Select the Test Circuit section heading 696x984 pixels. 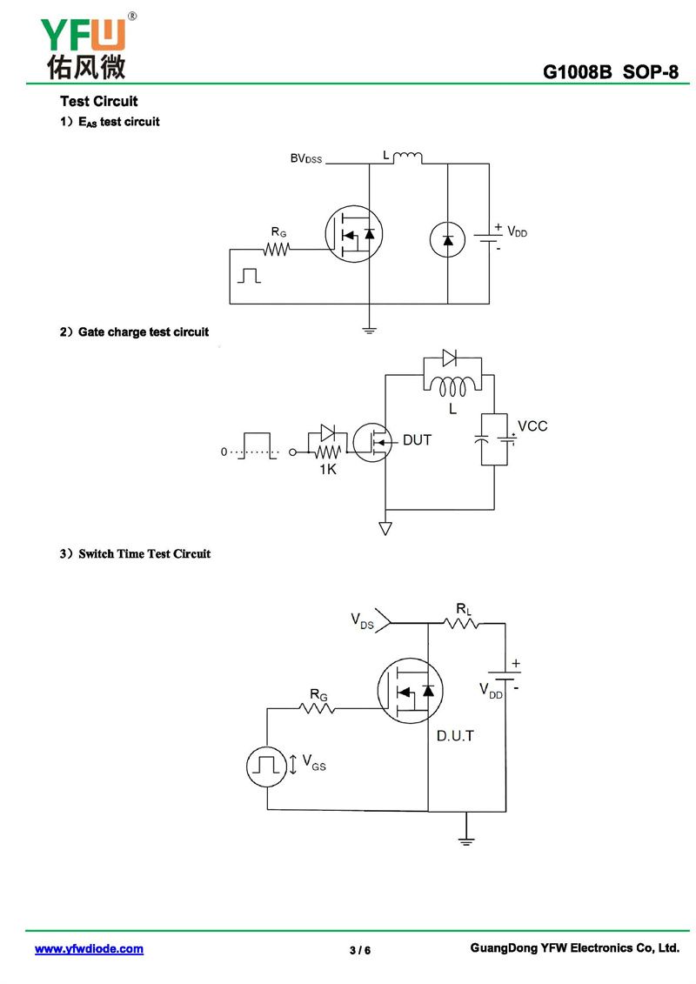tap(98, 102)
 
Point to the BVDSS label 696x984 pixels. tap(305, 159)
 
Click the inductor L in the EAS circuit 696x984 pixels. tap(407, 157)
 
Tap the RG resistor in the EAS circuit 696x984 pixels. tap(277, 249)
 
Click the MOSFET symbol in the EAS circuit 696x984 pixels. tap(355, 234)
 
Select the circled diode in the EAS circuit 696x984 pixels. tap(448, 239)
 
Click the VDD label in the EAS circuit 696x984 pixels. tap(517, 232)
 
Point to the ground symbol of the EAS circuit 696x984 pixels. tap(369, 329)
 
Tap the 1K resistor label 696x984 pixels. tap(327, 471)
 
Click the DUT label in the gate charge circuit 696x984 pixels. tap(417, 440)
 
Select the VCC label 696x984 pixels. tap(532, 426)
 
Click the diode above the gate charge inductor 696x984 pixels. tap(449, 356)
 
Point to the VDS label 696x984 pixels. tap(363, 620)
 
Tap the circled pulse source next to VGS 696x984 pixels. tap(267, 766)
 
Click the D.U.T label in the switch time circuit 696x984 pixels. tap(455, 736)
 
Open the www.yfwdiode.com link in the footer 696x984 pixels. tap(89, 949)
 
